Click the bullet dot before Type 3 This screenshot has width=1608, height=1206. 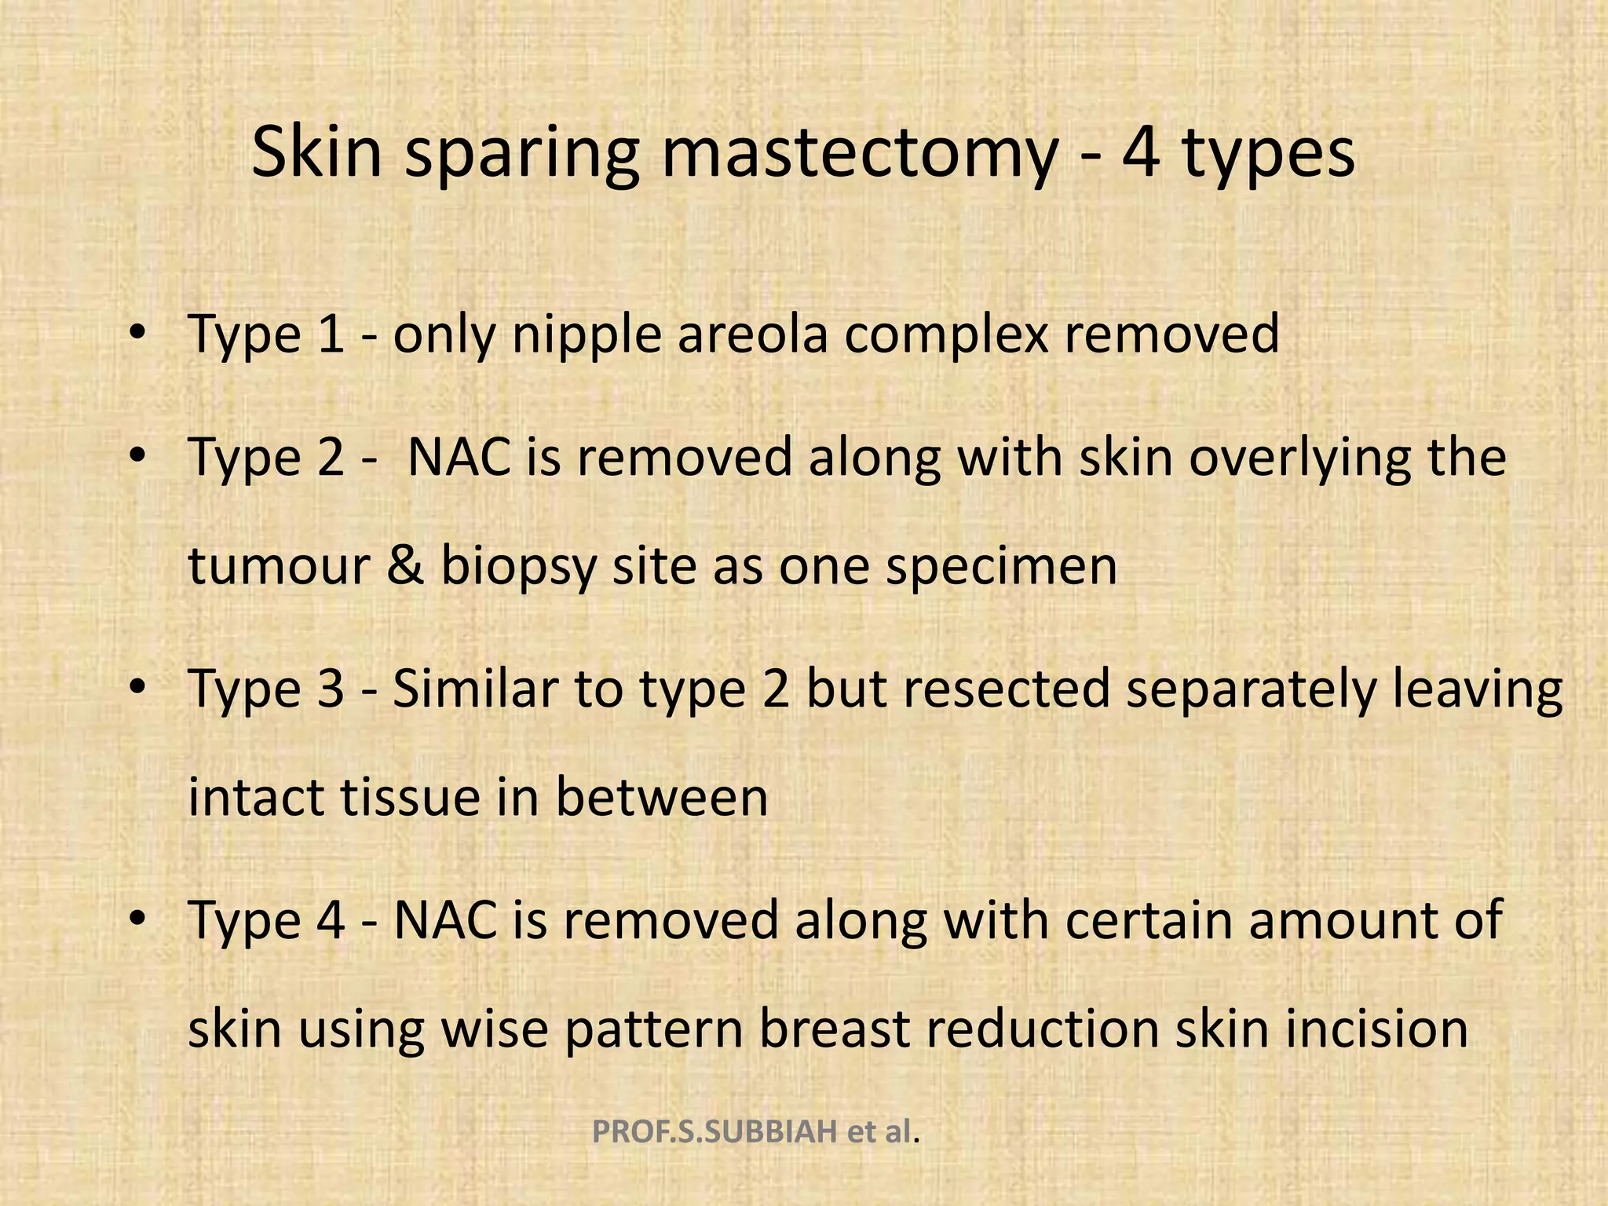coord(138,687)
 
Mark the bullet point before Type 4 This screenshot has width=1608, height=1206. coord(138,918)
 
